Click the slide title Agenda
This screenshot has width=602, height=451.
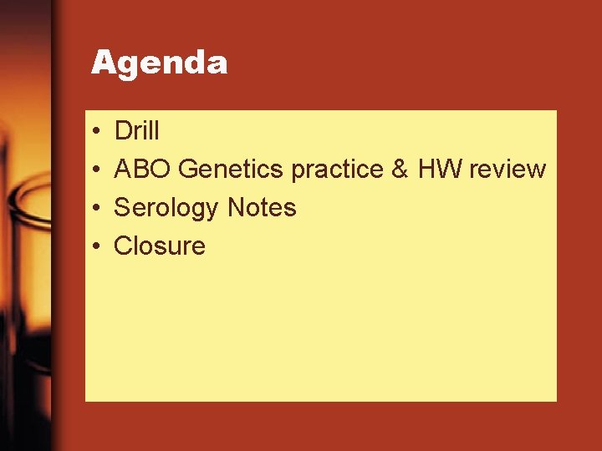tap(159, 63)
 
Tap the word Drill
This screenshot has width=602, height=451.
tap(136, 131)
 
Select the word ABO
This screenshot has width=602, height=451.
tap(143, 170)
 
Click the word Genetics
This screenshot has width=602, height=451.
tap(232, 170)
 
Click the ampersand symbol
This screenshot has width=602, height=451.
tap(400, 170)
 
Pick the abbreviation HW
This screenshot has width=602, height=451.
tap(439, 170)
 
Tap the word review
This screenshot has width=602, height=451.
tap(508, 170)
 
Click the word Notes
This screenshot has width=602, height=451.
tap(262, 207)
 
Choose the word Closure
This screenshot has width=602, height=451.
tap(159, 246)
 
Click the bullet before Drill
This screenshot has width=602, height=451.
tap(97, 132)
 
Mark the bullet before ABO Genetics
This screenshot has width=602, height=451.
tap(97, 170)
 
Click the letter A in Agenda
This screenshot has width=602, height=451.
tap(102, 62)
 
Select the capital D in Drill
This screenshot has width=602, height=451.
tap(122, 131)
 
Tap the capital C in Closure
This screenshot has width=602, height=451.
tap(123, 246)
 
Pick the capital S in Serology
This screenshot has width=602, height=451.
tap(122, 207)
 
